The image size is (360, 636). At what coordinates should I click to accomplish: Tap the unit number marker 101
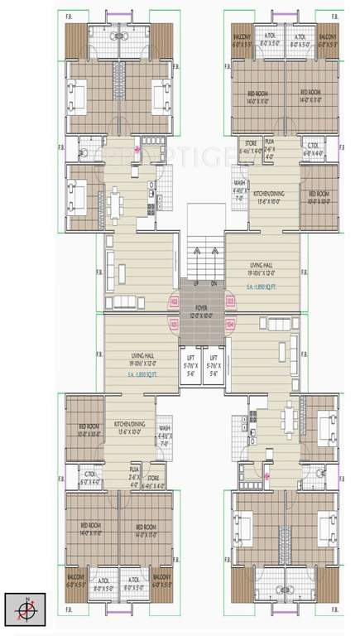tap(174, 325)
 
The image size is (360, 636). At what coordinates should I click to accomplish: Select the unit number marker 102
tap(174, 301)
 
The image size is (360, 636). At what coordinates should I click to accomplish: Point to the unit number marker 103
tap(218, 301)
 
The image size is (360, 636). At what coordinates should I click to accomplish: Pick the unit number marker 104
tap(218, 325)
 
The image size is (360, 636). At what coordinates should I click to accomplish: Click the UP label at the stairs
tap(196, 283)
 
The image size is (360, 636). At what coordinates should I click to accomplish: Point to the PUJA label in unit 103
tap(269, 141)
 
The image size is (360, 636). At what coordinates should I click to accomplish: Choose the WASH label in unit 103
tap(239, 183)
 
